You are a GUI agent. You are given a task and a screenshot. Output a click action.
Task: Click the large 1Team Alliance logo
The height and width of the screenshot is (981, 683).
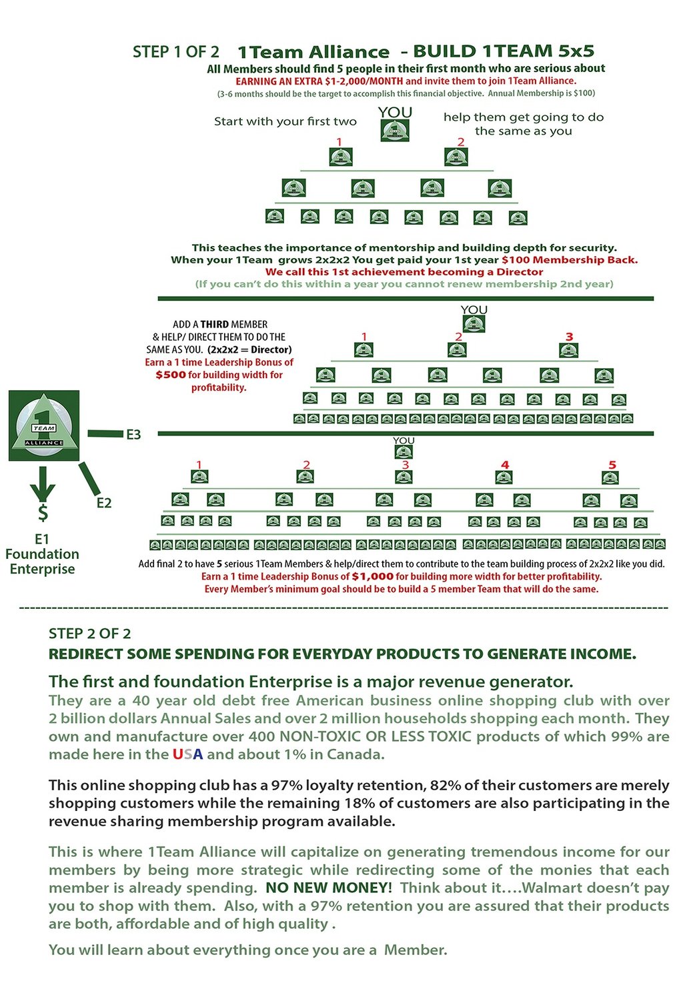tap(44, 425)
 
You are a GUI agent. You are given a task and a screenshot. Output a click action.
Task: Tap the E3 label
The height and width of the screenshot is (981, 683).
tap(133, 435)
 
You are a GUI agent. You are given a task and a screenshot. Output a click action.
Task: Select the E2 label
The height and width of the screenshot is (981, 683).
tap(104, 503)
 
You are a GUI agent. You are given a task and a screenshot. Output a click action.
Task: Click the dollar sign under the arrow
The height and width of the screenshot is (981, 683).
tap(43, 513)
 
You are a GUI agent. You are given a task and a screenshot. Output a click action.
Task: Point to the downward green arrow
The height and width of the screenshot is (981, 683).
tap(43, 483)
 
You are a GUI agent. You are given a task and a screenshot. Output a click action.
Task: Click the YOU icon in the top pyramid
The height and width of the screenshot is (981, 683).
tap(395, 130)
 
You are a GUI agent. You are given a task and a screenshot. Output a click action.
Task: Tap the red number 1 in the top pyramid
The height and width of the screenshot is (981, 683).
tap(339, 142)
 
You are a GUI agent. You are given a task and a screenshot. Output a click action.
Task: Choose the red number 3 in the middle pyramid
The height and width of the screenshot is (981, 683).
tap(569, 337)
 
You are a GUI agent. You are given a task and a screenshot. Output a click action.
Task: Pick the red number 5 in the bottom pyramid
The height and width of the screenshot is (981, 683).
tap(612, 465)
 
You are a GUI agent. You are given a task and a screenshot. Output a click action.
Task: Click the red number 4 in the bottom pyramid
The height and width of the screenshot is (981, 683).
tap(505, 465)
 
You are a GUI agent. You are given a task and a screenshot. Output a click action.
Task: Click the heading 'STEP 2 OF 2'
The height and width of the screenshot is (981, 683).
tap(89, 634)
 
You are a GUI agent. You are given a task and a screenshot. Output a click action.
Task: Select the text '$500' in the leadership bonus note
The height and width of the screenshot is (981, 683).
tap(171, 375)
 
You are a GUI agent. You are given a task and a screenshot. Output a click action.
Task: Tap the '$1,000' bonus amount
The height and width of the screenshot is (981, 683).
tap(372, 576)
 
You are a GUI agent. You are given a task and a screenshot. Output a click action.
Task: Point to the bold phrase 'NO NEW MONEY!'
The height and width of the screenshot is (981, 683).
tap(328, 888)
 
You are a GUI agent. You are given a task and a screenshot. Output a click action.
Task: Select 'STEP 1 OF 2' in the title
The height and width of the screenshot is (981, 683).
tap(175, 52)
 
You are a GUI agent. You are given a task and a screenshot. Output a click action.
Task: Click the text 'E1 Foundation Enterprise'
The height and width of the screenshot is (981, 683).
tap(42, 554)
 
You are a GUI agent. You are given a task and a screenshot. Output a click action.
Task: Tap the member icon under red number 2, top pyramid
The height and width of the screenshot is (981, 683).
tap(456, 157)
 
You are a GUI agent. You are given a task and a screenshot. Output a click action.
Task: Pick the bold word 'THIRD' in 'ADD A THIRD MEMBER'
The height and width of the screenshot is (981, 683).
tap(215, 324)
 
